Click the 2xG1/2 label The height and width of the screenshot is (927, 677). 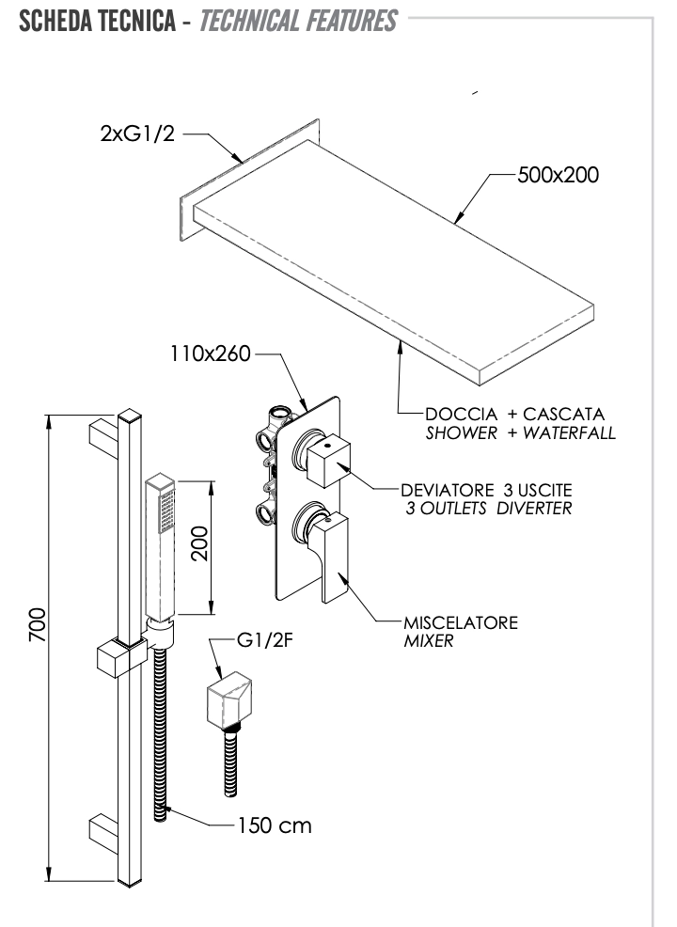pyautogui.click(x=138, y=134)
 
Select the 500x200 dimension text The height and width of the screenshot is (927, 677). pyautogui.click(x=558, y=175)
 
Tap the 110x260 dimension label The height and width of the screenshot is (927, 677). pyautogui.click(x=210, y=355)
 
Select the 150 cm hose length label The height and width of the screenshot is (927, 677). pyautogui.click(x=274, y=826)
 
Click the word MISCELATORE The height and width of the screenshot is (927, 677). pyautogui.click(x=460, y=623)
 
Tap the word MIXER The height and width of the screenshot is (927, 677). pyautogui.click(x=429, y=641)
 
